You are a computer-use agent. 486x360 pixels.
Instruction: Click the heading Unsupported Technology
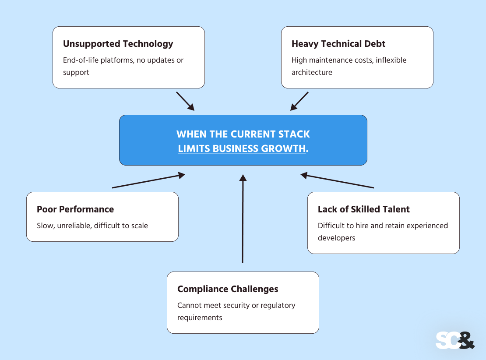click(118, 44)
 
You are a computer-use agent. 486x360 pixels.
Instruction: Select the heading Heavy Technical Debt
click(338, 44)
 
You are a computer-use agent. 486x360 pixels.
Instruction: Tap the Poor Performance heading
click(75, 209)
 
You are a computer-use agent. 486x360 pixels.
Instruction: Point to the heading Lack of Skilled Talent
click(363, 209)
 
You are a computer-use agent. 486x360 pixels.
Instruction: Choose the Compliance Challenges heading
click(228, 289)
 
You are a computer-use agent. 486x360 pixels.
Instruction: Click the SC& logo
click(455, 340)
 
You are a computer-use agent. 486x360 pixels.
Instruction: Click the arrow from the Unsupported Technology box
click(185, 101)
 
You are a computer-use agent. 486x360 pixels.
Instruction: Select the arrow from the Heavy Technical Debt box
click(299, 101)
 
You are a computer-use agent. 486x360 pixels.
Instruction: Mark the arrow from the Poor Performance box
click(149, 181)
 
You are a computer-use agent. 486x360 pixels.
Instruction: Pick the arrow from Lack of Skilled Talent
click(337, 181)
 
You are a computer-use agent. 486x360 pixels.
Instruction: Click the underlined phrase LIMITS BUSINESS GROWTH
click(242, 148)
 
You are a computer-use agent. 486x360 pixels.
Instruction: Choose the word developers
click(336, 238)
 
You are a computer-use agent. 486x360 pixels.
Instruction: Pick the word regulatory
click(278, 305)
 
